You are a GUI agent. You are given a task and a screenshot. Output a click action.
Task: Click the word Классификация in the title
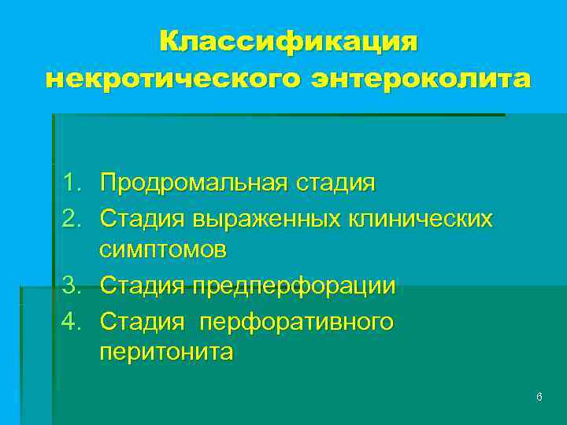(x=288, y=42)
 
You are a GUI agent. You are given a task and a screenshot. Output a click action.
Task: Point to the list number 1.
(x=72, y=183)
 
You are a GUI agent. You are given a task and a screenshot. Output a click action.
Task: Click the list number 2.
(x=72, y=216)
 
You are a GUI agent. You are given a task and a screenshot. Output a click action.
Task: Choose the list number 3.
(x=72, y=284)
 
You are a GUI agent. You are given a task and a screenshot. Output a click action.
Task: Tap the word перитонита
(x=166, y=352)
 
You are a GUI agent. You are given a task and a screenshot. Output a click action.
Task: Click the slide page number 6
(x=539, y=397)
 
